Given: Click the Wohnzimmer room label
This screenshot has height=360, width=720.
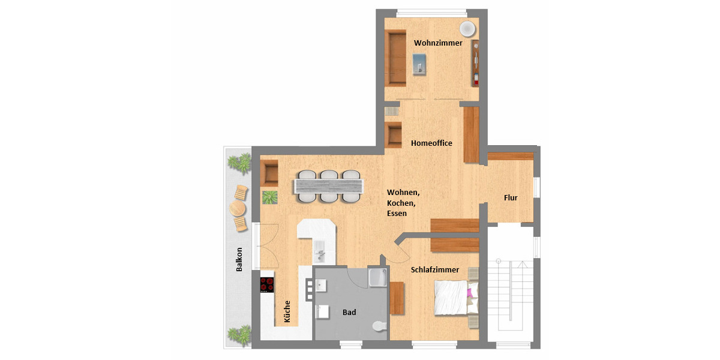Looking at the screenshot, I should click(439, 44).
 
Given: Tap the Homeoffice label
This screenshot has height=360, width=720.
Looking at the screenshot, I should click(431, 143).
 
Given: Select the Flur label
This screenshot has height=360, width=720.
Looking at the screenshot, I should click(510, 197).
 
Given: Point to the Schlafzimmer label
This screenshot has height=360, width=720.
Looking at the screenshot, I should click(434, 270).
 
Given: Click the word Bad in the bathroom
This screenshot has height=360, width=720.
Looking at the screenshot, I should click(349, 313).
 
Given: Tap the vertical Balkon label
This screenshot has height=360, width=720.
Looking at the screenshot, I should click(239, 259).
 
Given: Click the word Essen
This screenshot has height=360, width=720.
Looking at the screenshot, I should click(397, 213).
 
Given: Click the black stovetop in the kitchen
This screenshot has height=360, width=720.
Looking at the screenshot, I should click(267, 284).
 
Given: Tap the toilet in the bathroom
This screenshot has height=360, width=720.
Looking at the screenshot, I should click(379, 326).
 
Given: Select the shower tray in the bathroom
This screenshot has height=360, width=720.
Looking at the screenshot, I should click(378, 278).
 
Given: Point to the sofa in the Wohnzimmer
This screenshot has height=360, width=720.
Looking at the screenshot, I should click(395, 58).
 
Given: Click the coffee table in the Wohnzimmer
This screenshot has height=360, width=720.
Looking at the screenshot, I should click(420, 62).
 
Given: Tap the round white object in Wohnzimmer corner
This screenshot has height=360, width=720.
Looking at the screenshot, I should click(467, 29).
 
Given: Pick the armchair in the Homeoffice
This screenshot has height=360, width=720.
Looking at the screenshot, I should click(394, 135).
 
